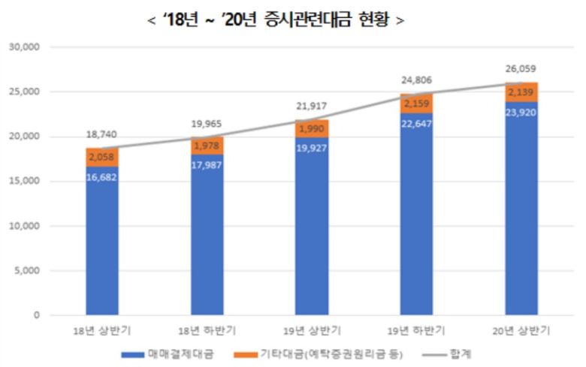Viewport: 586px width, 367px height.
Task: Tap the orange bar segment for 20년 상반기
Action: (x=521, y=92)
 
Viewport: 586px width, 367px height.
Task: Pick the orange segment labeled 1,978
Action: (x=207, y=146)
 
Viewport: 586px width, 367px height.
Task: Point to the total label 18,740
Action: (x=102, y=134)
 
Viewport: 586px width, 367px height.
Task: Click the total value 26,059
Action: (x=521, y=69)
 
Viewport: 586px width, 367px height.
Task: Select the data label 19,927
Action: (x=312, y=150)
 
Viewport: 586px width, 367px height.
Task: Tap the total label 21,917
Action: (x=312, y=106)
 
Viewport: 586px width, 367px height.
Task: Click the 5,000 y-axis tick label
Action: (x=26, y=271)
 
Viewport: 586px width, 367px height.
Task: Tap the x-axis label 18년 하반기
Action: (x=207, y=329)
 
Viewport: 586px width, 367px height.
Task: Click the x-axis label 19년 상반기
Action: (x=312, y=329)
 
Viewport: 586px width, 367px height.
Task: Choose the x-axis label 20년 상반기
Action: (x=521, y=329)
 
